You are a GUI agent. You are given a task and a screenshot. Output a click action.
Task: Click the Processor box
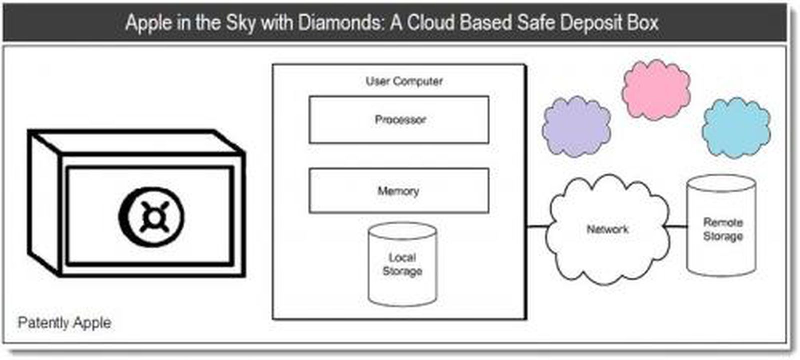pyautogui.click(x=399, y=120)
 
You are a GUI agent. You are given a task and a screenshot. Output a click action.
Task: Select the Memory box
pyautogui.click(x=399, y=191)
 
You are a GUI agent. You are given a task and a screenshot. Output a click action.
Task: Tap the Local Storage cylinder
pyautogui.click(x=402, y=265)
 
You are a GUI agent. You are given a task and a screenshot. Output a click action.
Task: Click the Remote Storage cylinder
pyautogui.click(x=721, y=227)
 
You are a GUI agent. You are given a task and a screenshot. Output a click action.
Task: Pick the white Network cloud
pyautogui.click(x=607, y=230)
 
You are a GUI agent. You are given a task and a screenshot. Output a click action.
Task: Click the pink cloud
pyautogui.click(x=656, y=90)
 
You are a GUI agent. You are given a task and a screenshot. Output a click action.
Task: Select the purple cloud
pyautogui.click(x=576, y=126)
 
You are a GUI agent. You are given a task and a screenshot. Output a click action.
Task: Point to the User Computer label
pyautogui.click(x=404, y=81)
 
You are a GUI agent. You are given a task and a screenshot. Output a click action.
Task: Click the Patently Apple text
pyautogui.click(x=64, y=323)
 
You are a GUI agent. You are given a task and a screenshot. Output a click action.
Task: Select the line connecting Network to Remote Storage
pyautogui.click(x=677, y=227)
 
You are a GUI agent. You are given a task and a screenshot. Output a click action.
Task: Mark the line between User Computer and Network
pyautogui.click(x=538, y=227)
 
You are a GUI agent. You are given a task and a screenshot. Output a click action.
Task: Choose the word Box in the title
pyautogui.click(x=643, y=23)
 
